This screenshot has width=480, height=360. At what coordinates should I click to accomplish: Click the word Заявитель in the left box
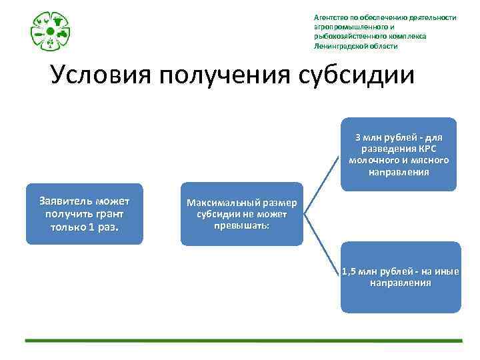tap(65, 201)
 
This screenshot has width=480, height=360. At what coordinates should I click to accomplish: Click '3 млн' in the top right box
tap(371, 137)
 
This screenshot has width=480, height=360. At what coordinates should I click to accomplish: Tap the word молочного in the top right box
tap(372, 161)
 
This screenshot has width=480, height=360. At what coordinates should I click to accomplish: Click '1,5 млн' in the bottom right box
tap(359, 271)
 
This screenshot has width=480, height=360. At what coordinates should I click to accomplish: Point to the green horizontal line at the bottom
tap(243, 341)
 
